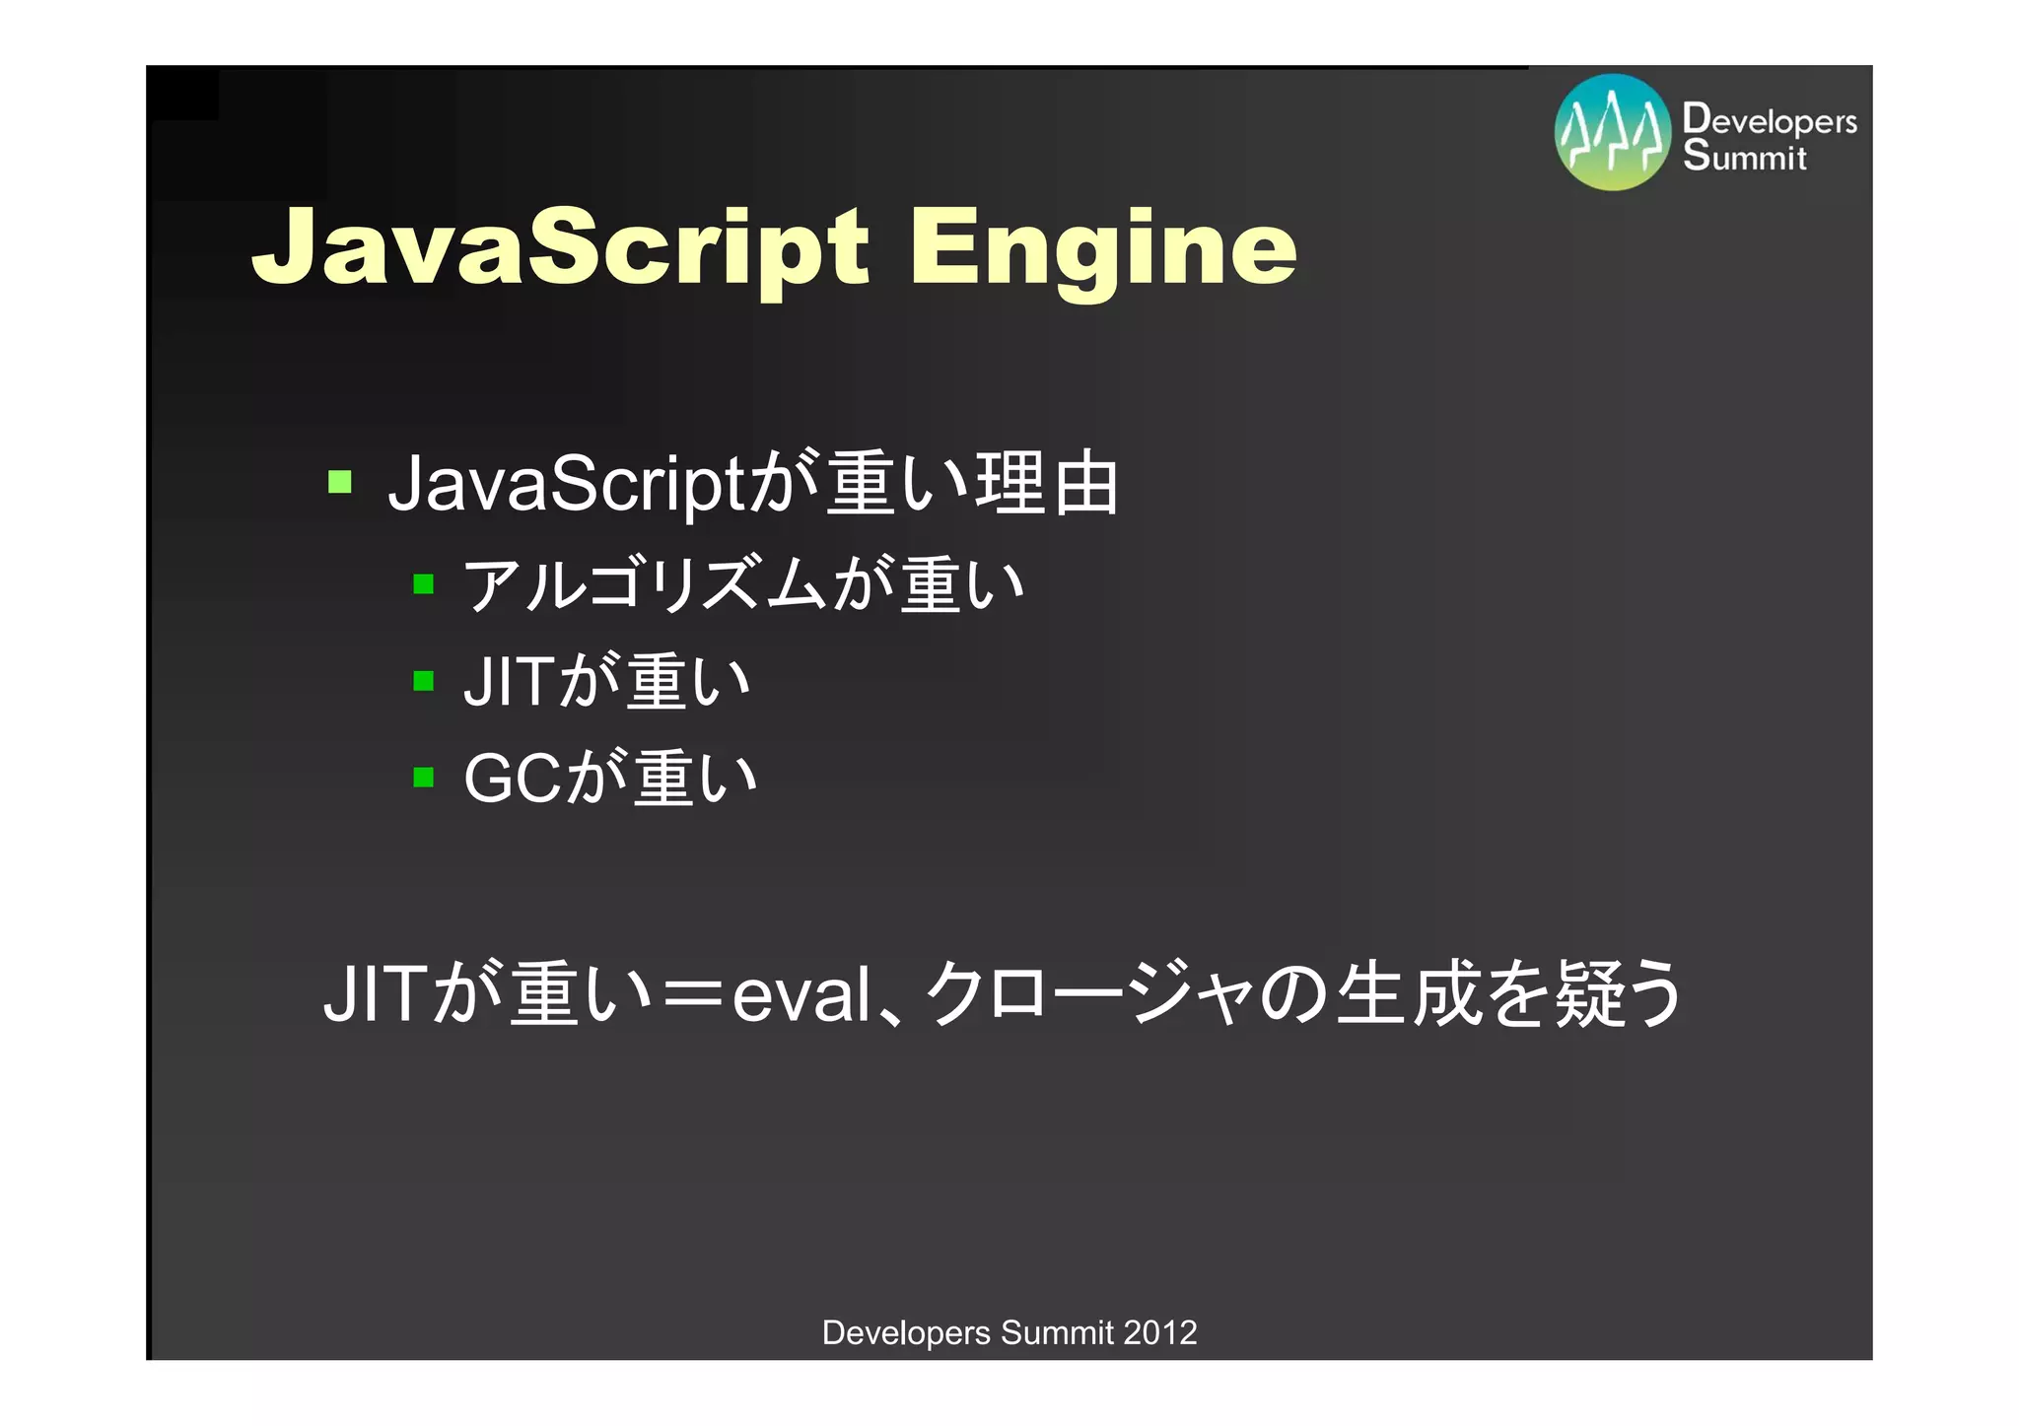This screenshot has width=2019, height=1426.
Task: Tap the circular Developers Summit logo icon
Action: tap(1613, 132)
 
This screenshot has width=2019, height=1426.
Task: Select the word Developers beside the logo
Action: tap(1770, 119)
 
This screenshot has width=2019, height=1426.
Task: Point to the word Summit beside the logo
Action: tap(1744, 156)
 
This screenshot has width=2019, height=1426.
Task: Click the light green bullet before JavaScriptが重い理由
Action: tap(340, 482)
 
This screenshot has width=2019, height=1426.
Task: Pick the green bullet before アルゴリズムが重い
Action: tap(424, 584)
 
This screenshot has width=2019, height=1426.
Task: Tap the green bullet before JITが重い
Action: tap(424, 681)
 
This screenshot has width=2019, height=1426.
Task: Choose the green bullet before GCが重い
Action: tap(424, 778)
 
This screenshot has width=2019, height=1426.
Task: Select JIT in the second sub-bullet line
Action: tap(507, 681)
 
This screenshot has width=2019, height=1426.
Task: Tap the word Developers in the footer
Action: tap(906, 1332)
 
